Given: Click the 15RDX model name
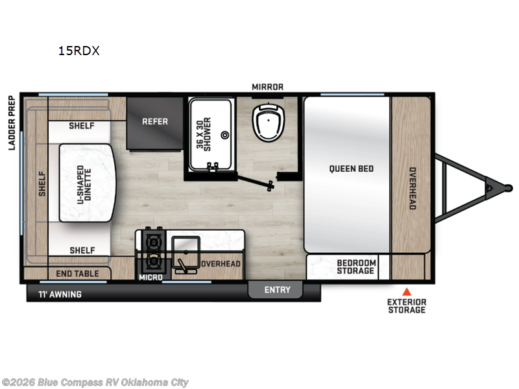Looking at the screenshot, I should (x=78, y=51).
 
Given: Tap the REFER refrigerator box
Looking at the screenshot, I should (x=154, y=121).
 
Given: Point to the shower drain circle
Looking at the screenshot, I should (x=225, y=135).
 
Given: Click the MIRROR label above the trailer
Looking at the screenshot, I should (x=268, y=87).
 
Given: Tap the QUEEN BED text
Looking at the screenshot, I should (x=351, y=169).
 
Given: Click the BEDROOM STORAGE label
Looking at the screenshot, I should (x=356, y=266).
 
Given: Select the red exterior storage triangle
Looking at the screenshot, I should (x=407, y=291).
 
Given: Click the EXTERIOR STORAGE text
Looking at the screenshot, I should (x=407, y=306).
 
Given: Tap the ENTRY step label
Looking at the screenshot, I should (x=277, y=290).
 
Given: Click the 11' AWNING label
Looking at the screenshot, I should (x=59, y=294).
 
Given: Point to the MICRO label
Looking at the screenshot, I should (x=151, y=277).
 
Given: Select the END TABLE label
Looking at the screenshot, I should (x=78, y=274).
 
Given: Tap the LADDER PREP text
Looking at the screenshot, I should (x=11, y=123).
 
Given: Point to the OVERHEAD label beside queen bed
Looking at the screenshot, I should (x=412, y=188).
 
